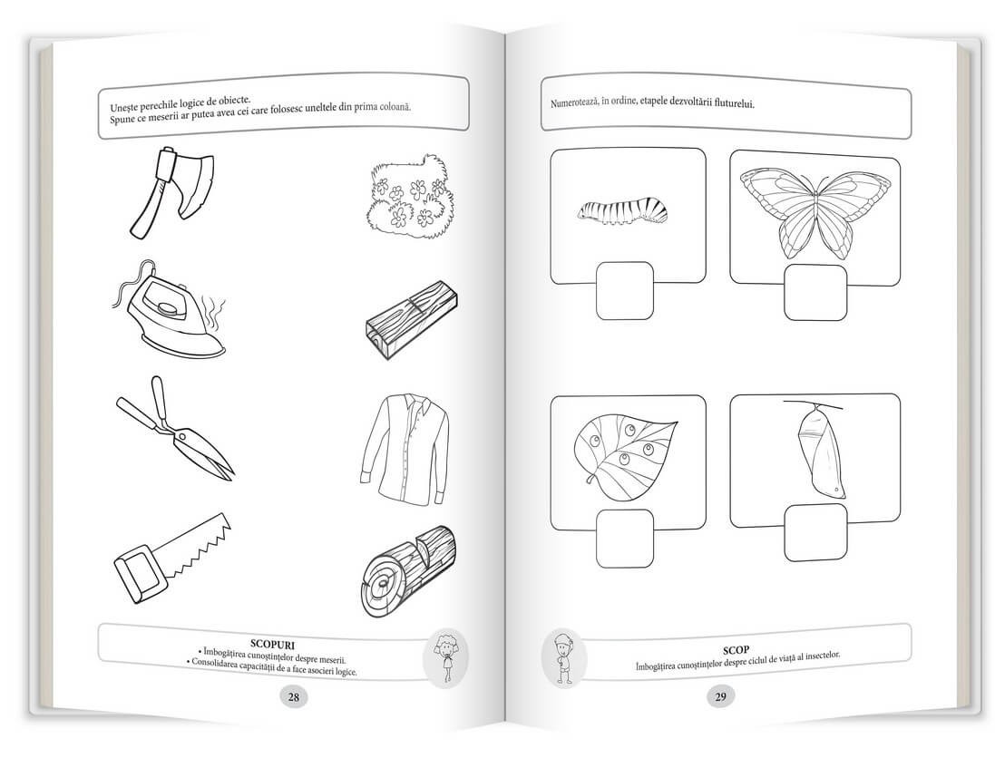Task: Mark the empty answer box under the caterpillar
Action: tap(625, 290)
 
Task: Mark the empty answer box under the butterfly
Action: tap(815, 291)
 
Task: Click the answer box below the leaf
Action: tap(625, 537)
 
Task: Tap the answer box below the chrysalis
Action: tap(815, 532)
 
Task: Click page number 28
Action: tap(292, 696)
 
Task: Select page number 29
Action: tap(720, 696)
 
